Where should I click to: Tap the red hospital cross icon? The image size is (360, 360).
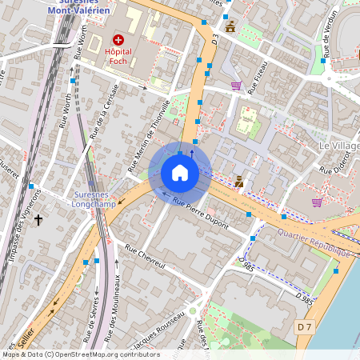(x=118, y=39)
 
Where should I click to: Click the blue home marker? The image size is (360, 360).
(x=180, y=172)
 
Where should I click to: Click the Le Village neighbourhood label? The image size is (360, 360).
(x=339, y=146)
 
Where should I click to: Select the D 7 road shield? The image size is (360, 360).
(x=303, y=326)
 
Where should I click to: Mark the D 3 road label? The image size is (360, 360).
(x=215, y=38)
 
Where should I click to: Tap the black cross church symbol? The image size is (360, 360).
(x=38, y=219)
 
